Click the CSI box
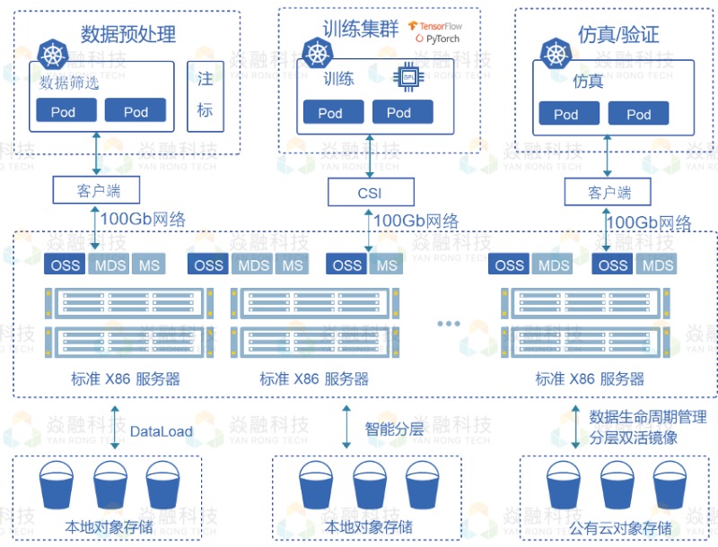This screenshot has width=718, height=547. tap(370, 191)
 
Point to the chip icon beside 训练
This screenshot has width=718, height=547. tap(408, 78)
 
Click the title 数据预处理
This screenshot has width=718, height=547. tap(128, 35)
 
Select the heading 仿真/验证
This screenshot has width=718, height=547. tap(618, 35)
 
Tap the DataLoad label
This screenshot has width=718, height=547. tap(162, 431)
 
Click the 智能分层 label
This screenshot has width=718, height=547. tap(393, 429)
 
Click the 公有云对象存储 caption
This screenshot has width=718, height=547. tap(620, 528)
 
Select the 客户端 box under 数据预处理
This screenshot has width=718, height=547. tap(97, 190)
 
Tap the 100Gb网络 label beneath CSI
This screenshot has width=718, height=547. tap(416, 221)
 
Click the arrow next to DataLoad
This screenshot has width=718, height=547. tap(114, 428)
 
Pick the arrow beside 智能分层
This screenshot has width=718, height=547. tap(346, 428)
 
